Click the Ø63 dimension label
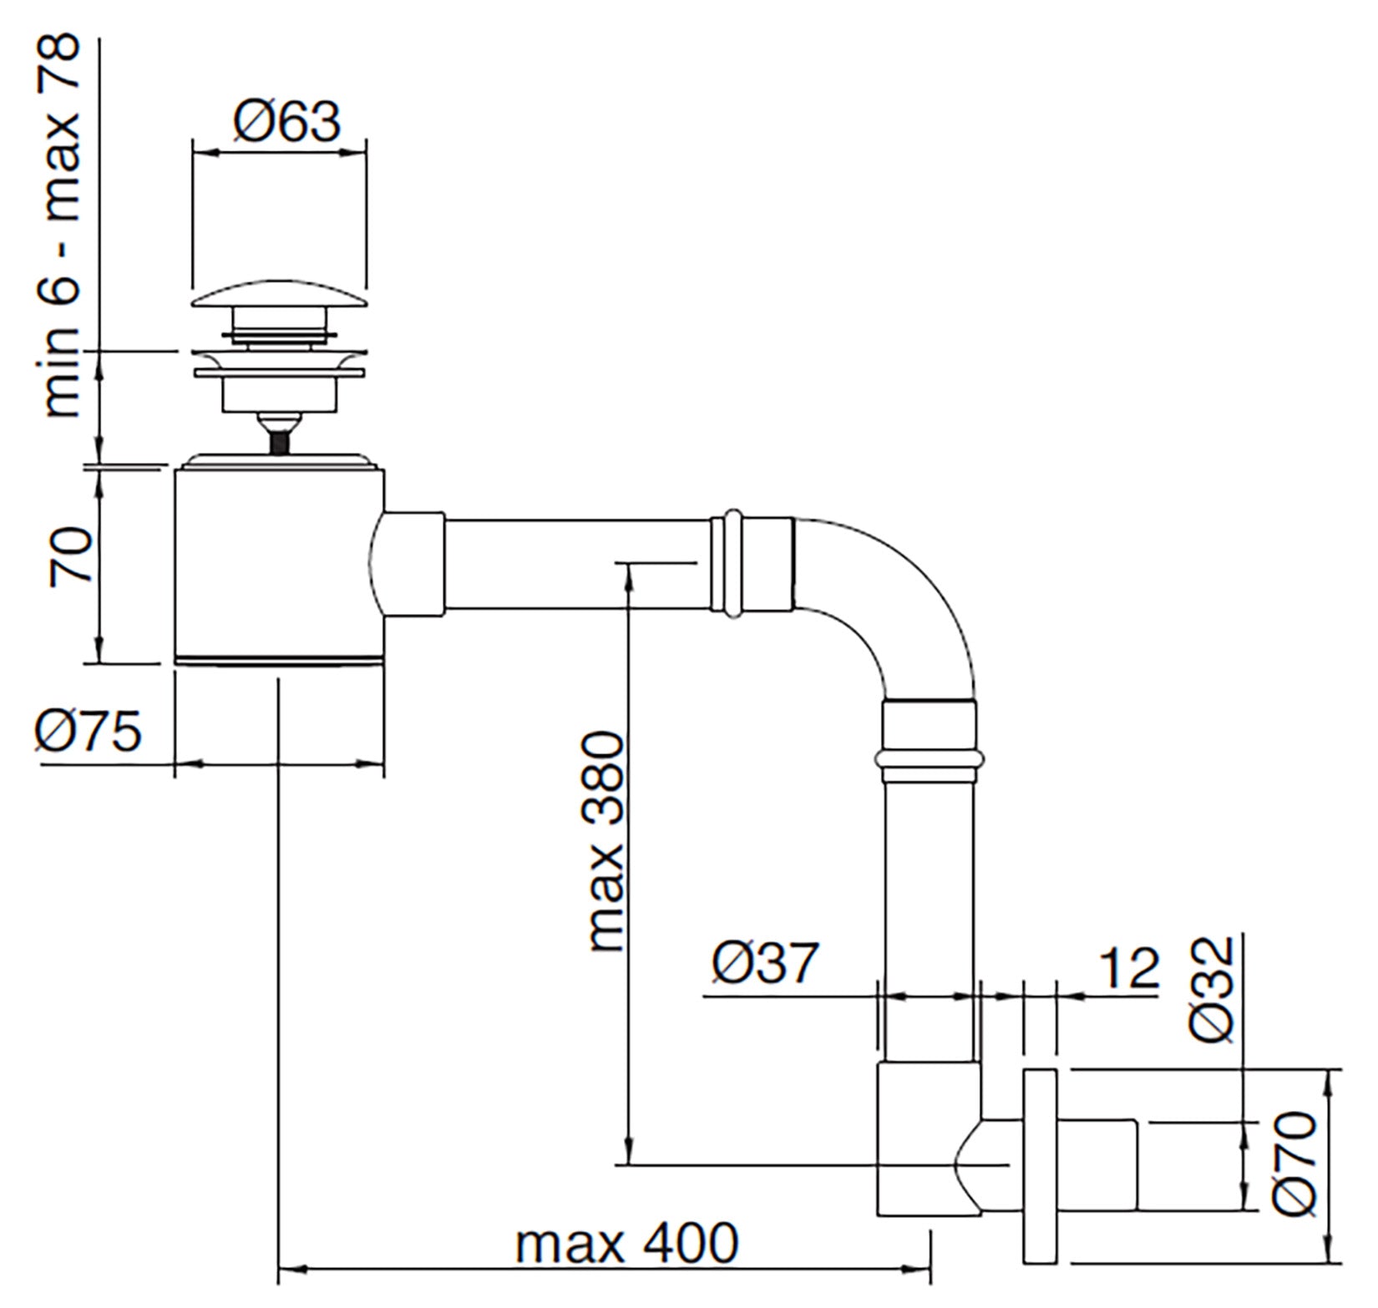tap(287, 123)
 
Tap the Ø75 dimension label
tap(89, 732)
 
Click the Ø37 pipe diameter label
tap(766, 962)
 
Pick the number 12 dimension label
tap(1129, 968)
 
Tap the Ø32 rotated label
tap(1213, 990)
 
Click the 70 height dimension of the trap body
tap(70, 556)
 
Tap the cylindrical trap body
tap(279, 564)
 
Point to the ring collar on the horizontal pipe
tap(732, 565)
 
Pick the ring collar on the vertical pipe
tap(929, 758)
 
